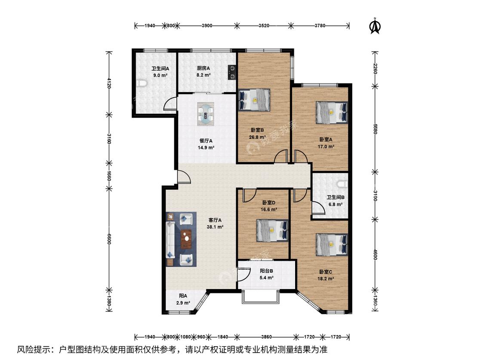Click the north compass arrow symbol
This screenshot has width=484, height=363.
pos(375,26)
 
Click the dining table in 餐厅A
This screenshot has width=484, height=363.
pos(206,114)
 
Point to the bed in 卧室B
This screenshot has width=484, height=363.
pos(254,100)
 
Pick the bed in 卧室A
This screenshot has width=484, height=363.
pos(332,113)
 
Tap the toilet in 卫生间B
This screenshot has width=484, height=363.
pos(342,184)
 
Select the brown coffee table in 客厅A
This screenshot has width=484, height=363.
pos(186,239)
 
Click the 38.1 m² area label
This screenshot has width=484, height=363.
pos(215,227)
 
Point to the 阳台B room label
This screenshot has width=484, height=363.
pos(266,271)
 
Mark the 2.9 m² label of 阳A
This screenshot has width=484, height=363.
pos(183,303)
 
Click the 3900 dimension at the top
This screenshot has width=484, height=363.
pos(207,26)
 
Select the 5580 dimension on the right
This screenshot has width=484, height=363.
pos(375,129)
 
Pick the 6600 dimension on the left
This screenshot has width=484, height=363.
pos(109,239)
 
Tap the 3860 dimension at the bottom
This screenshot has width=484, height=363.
pos(266,337)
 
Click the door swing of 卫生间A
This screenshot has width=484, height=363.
pos(170,104)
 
